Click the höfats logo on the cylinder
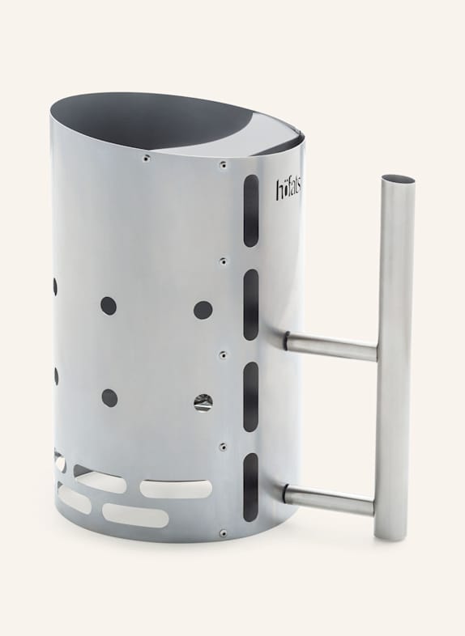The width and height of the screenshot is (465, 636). point(288,190)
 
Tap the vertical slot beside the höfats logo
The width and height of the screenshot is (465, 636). point(251,211)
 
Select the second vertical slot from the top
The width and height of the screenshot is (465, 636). point(251,304)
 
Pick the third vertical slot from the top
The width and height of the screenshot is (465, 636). point(250,396)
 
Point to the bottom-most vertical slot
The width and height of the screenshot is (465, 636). point(250,485)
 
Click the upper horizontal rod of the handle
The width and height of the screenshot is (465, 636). point(331,346)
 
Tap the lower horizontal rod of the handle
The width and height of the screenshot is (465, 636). point(329,499)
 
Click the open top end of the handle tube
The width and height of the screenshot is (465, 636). point(399,179)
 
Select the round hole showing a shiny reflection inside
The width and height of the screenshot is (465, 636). point(203,402)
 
